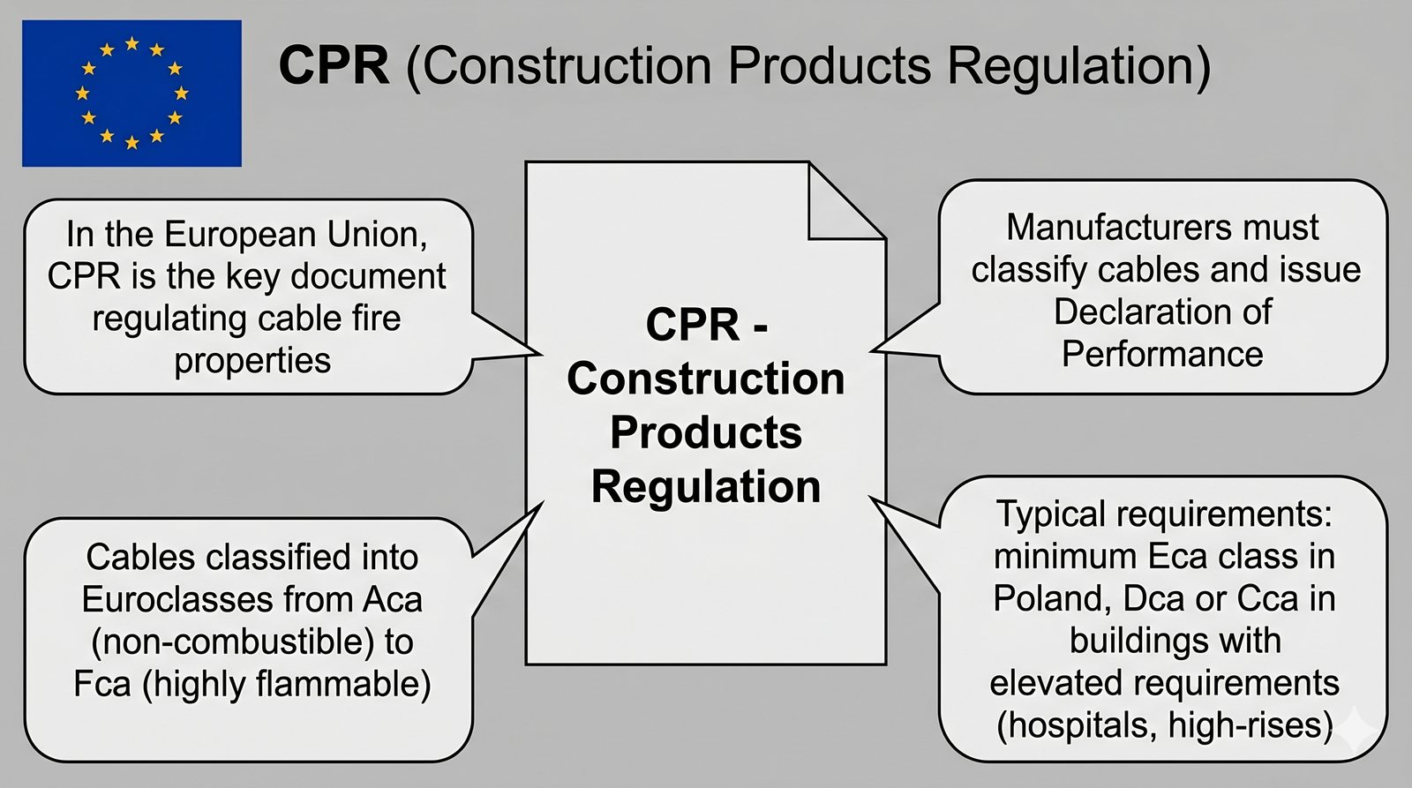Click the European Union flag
point(131,93)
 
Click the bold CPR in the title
point(334,65)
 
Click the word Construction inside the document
point(705,379)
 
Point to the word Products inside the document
point(705,432)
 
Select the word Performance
point(1162,354)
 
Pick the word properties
point(252,361)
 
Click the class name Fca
point(102,685)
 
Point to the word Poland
point(1049,599)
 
